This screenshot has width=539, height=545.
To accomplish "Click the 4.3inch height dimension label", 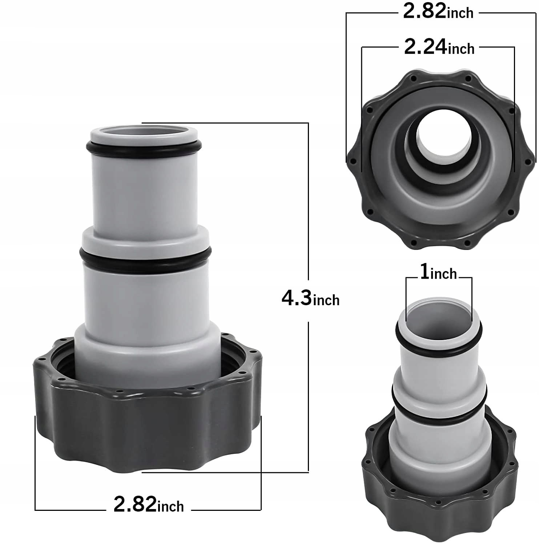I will click(x=310, y=299).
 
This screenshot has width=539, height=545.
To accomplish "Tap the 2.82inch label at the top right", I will click(x=438, y=12).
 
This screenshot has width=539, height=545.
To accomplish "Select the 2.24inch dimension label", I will click(x=439, y=47).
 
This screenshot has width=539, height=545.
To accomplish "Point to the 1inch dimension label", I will click(x=438, y=272).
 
